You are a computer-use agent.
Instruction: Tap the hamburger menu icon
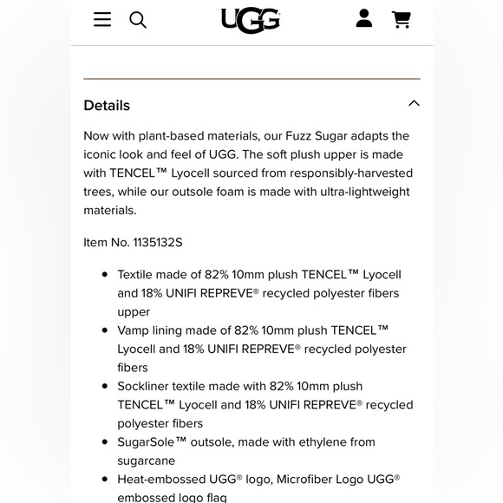(102, 19)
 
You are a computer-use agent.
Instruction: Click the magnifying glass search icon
(138, 19)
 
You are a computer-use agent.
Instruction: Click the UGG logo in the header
(251, 20)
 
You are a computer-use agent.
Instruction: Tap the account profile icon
(364, 18)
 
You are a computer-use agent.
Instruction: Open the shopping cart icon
(401, 19)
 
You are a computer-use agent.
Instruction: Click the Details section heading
(107, 105)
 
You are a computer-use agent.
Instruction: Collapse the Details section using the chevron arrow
(414, 103)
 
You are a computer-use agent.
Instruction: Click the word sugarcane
(147, 461)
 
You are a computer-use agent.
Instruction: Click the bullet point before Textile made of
(106, 275)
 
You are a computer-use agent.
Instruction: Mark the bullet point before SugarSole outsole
(106, 442)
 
